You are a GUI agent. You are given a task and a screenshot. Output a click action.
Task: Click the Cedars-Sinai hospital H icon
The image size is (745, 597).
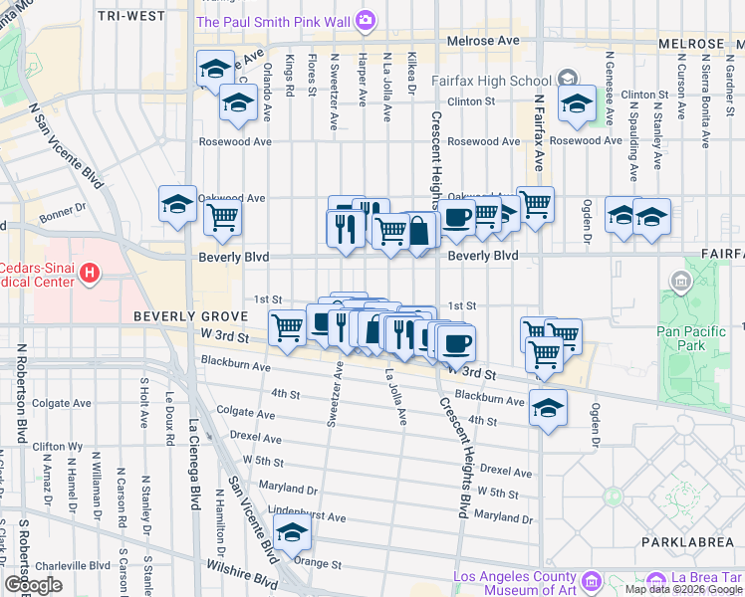[91, 272]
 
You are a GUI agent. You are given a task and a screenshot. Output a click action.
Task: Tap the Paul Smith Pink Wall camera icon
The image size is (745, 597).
[366, 20]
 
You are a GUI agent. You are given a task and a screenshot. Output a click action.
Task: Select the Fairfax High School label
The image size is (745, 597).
[491, 81]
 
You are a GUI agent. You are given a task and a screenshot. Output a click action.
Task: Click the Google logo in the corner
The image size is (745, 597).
[33, 585]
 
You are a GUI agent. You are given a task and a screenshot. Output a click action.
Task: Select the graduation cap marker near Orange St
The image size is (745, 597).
[292, 535]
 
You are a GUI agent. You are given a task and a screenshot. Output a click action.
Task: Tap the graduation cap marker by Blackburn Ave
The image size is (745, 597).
[547, 407]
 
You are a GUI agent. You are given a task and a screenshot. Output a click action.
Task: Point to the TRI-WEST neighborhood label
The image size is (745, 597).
[132, 17]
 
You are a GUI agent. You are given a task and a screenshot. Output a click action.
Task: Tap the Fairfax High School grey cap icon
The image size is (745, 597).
[567, 78]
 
